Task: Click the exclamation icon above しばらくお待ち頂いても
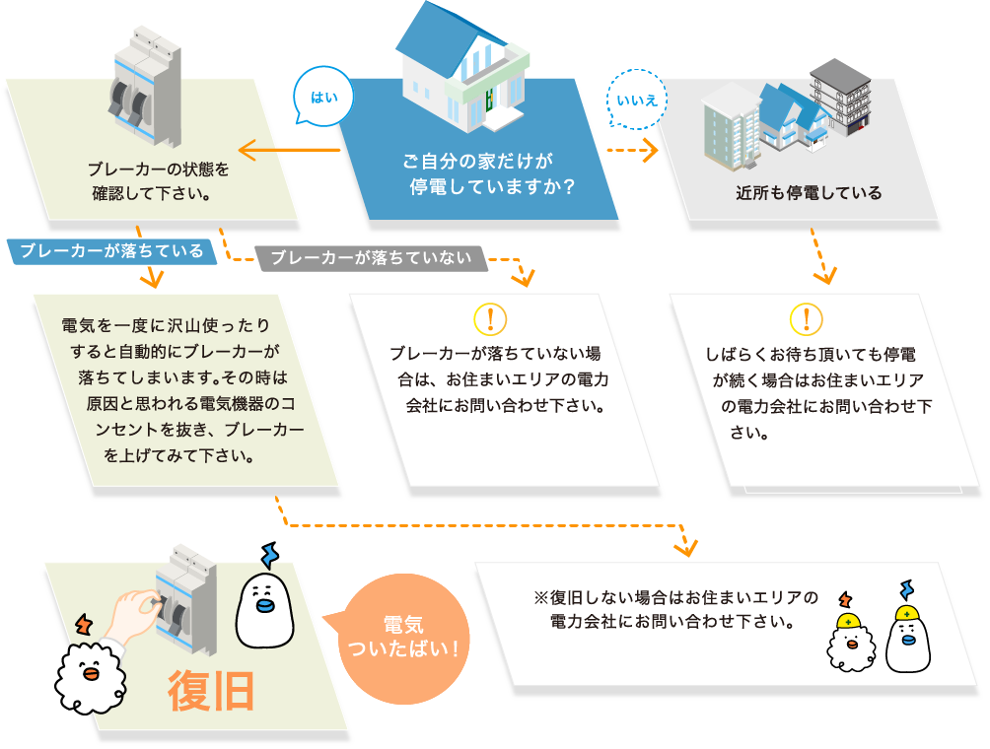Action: (807, 318)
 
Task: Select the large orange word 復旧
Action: (211, 692)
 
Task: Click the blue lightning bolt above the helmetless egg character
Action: (268, 555)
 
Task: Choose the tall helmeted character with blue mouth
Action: (908, 641)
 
